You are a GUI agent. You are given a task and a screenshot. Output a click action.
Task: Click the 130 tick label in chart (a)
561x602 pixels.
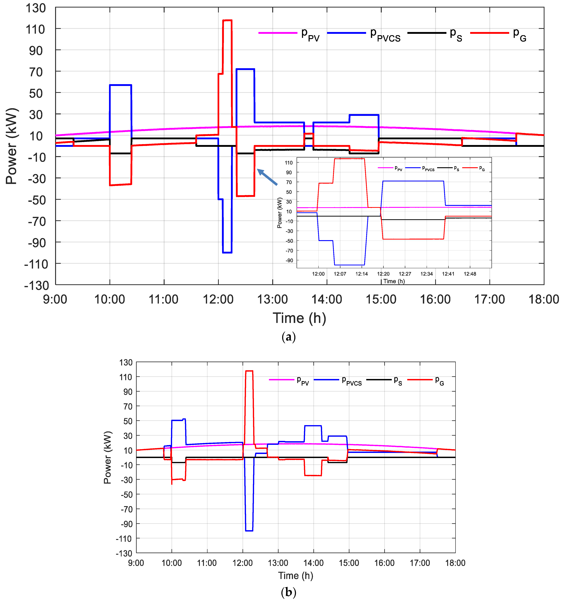point(35,8)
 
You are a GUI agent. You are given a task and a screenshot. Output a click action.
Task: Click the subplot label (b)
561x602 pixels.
point(288,592)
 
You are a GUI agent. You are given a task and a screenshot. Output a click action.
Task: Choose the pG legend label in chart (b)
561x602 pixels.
point(439,381)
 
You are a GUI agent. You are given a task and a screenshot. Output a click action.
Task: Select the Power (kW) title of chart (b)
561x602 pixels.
point(108,458)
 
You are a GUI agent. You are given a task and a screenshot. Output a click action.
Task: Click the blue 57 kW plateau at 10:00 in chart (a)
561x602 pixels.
point(120,85)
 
